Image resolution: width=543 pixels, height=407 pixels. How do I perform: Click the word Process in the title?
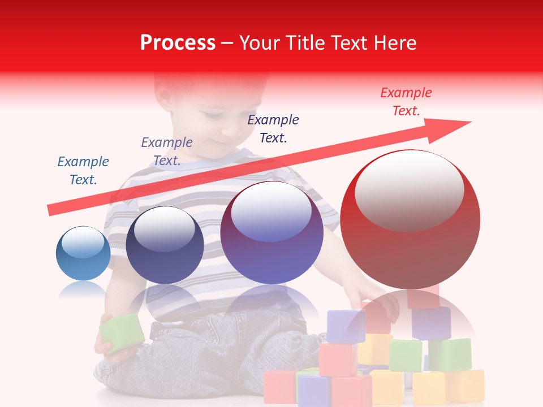(178, 43)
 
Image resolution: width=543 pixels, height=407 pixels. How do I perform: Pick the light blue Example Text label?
(83, 170)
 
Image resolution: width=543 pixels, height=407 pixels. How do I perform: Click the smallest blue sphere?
(83, 254)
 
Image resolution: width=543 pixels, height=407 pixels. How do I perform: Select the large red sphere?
(410, 220)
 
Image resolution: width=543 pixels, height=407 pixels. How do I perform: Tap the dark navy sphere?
(165, 245)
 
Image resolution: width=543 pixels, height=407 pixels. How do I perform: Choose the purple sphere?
(271, 233)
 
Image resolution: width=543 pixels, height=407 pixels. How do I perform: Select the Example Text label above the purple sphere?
(273, 128)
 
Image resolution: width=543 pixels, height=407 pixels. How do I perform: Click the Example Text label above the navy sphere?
(167, 151)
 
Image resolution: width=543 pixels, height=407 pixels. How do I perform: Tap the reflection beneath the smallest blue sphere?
(83, 290)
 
